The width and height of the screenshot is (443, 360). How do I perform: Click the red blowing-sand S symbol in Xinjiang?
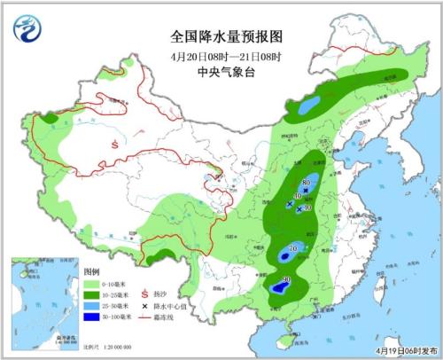pyautogui.click(x=114, y=142)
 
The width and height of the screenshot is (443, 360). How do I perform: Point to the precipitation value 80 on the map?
pyautogui.click(x=306, y=182)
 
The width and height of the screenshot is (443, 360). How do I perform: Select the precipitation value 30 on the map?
pyautogui.click(x=285, y=280)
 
